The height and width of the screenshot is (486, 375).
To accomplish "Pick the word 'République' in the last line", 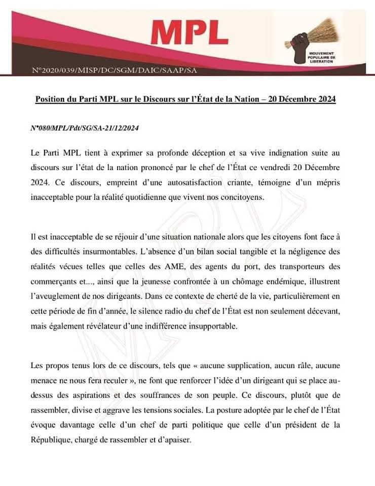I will click(x=50, y=440).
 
